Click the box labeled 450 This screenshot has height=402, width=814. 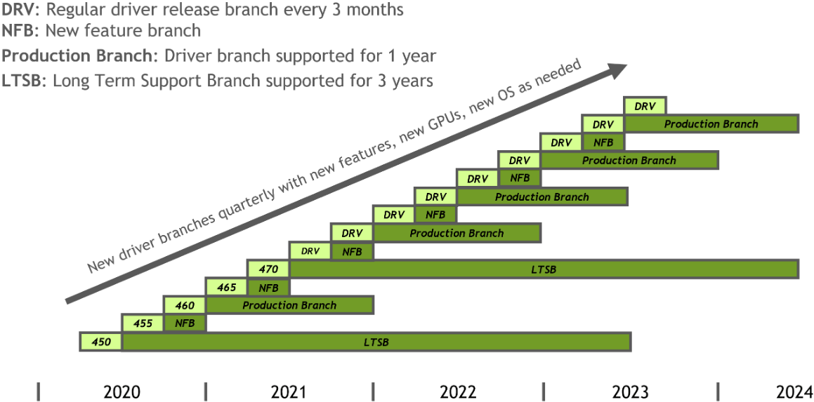tap(100, 342)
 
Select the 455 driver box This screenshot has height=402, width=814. tap(143, 323)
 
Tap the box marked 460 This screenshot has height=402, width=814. tap(185, 305)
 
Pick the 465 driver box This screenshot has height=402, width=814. tap(227, 287)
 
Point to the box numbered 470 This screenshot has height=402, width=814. tap(269, 269)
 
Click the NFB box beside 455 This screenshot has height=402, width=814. tap(185, 323)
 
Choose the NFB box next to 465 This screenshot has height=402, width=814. tap(269, 287)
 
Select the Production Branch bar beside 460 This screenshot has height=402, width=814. tap(289, 305)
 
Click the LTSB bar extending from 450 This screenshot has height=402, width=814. tap(376, 342)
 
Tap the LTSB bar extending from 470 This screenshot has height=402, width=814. tap(544, 269)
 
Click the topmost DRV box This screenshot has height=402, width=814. tap(645, 107)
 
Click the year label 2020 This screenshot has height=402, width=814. tap(122, 391)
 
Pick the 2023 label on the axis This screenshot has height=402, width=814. tap(630, 391)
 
